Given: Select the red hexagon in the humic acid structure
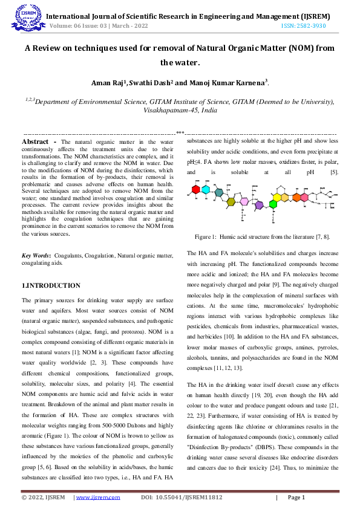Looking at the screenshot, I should [x=195, y=190].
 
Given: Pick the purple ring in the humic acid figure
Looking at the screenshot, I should [x=259, y=206].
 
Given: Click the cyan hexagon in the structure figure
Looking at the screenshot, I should [x=206, y=190].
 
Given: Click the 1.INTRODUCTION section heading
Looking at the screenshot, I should [x=51, y=285].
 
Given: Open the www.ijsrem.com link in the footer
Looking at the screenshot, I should [x=91, y=498].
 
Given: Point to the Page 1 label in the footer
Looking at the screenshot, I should [x=296, y=498].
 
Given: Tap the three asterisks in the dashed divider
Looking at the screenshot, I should [x=180, y=131].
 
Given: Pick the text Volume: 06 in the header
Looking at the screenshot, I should [x=62, y=27].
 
